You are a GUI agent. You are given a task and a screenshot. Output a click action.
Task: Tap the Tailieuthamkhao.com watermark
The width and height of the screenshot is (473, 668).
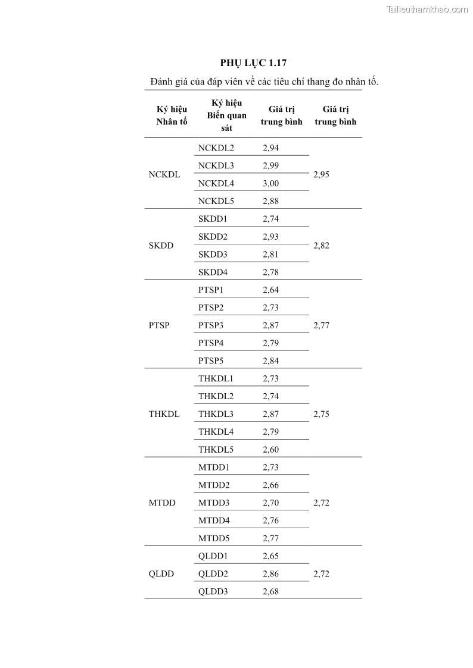(427, 9)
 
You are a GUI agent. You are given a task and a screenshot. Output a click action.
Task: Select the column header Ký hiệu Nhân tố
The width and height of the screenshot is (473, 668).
(172, 115)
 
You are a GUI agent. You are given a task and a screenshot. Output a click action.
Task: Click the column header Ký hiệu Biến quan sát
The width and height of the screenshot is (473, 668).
(226, 115)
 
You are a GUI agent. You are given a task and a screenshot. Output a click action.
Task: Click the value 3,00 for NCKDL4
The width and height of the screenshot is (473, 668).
(270, 183)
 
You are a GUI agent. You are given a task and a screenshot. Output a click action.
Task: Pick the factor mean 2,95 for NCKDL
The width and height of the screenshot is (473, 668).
(321, 174)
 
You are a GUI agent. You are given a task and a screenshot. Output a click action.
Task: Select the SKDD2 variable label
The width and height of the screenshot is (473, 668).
(213, 237)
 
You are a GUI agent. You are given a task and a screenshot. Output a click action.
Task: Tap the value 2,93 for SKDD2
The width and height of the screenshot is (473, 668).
(270, 237)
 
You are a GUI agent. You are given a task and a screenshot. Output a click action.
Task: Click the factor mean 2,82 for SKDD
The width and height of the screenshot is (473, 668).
(321, 245)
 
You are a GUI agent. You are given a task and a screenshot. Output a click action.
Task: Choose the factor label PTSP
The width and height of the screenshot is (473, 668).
(159, 325)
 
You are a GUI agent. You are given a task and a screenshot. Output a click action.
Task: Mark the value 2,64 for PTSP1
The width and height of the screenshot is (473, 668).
(270, 290)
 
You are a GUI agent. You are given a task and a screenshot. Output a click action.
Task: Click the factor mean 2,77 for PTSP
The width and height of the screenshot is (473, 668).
(321, 325)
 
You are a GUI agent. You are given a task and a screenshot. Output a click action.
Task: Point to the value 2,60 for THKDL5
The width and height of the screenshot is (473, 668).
(270, 450)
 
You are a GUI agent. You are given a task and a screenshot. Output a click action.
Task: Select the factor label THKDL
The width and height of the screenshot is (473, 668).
(164, 414)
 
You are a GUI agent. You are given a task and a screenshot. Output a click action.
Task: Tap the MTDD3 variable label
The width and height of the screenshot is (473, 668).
(213, 503)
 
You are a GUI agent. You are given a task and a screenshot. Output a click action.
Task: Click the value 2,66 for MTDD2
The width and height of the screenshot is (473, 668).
(270, 485)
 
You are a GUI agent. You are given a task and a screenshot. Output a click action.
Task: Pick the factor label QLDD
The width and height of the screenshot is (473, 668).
(161, 574)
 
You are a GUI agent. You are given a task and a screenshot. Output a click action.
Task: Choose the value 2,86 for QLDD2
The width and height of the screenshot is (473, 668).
(270, 574)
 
